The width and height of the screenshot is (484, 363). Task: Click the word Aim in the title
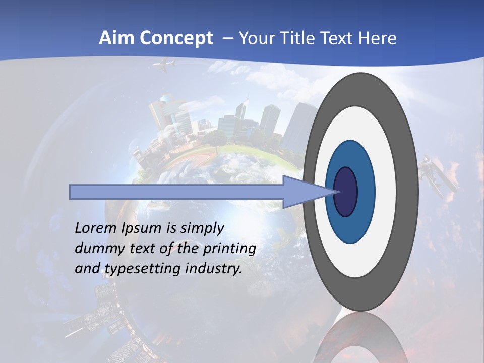pos(116,38)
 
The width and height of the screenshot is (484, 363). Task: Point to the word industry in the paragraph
pos(214,269)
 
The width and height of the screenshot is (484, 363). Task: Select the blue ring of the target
pos(364,192)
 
